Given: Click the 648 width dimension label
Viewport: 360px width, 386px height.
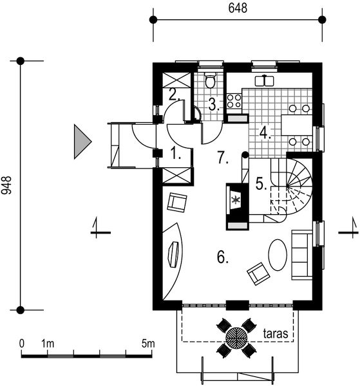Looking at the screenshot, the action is pyautogui.click(x=238, y=8).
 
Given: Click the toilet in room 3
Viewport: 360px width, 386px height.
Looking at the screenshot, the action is pyautogui.click(x=210, y=80).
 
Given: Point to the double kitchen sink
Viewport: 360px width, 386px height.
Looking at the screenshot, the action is pyautogui.click(x=264, y=80).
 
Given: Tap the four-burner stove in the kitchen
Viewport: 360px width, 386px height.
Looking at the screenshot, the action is pyautogui.click(x=234, y=101).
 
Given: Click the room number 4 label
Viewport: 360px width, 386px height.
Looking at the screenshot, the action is pyautogui.click(x=265, y=133).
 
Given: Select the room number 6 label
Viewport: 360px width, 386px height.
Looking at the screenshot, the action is pyautogui.click(x=223, y=257).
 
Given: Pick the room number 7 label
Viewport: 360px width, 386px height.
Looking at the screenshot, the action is pyautogui.click(x=223, y=158).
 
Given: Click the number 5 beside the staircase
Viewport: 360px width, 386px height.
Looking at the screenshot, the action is pyautogui.click(x=261, y=183).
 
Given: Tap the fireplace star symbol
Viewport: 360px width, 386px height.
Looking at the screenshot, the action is pyautogui.click(x=236, y=199).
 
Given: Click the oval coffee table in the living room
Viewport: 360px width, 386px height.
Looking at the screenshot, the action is pyautogui.click(x=278, y=255).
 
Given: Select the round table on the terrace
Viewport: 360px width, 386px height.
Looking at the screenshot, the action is pyautogui.click(x=236, y=338).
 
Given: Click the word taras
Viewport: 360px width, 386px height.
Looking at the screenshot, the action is pyautogui.click(x=276, y=334).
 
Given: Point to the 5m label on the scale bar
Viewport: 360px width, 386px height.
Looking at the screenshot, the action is pyautogui.click(x=148, y=344).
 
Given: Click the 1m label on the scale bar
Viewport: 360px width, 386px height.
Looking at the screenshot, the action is pyautogui.click(x=48, y=344).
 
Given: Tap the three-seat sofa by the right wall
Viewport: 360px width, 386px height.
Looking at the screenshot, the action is pyautogui.click(x=302, y=255).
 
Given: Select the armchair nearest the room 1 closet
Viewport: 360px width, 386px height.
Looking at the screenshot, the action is pyautogui.click(x=177, y=203).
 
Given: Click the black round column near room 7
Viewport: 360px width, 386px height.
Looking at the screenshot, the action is pyautogui.click(x=245, y=155).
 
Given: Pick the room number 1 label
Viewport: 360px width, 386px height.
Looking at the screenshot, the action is pyautogui.click(x=176, y=153).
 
